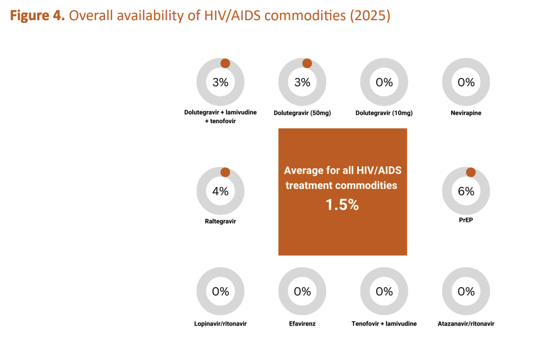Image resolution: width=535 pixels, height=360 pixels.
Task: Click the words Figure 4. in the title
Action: tap(37, 16)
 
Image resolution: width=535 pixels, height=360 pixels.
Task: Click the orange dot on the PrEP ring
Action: tap(470, 172)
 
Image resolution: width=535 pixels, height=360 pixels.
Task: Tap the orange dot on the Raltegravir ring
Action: tap(225, 172)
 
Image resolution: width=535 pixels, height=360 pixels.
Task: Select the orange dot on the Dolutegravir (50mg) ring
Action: tap(307, 63)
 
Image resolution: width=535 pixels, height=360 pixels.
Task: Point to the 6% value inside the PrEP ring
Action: tap(466, 192)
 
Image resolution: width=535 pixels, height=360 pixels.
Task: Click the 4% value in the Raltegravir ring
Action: tap(220, 192)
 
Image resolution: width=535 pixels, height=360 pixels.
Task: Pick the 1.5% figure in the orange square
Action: tap(342, 205)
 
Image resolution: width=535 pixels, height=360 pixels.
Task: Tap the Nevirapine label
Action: tap(466, 113)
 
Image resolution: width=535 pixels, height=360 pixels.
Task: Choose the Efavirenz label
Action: tap(302, 324)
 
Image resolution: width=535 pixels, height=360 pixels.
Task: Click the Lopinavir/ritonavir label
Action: tap(220, 324)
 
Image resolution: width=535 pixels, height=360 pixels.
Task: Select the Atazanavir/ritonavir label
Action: tap(466, 324)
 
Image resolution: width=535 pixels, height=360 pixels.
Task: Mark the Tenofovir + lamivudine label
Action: tap(384, 324)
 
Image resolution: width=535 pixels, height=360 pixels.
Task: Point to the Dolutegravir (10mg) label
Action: tap(384, 113)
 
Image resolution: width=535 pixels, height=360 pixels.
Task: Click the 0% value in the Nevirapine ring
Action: tap(466, 82)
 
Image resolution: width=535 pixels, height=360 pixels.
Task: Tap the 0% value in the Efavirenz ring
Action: tap(302, 292)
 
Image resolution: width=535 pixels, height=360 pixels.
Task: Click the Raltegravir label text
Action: tap(220, 221)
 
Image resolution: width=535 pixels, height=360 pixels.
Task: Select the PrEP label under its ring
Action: tap(466, 218)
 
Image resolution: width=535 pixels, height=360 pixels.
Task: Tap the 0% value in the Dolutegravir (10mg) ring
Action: tap(384, 82)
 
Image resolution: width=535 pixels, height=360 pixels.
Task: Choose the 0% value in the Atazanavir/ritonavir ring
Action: tap(466, 292)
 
